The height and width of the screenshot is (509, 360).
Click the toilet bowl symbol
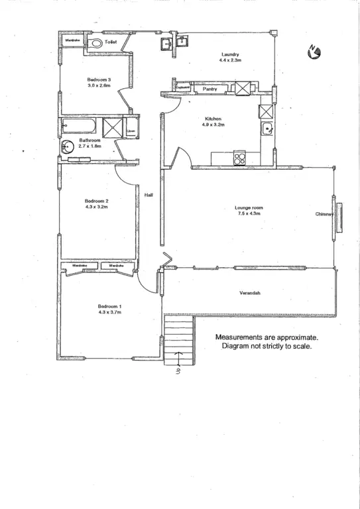coord(97,42)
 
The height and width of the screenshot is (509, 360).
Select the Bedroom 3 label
coord(99,80)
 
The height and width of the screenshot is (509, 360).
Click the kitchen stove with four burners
coord(239,158)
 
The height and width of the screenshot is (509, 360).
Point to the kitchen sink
coord(267,129)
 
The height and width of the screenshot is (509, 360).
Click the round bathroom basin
coord(67,147)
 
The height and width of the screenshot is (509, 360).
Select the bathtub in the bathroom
coord(80,126)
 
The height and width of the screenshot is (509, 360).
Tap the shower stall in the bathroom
coord(112,127)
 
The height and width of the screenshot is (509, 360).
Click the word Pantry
coord(210,88)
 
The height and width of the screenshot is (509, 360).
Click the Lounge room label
coord(249,207)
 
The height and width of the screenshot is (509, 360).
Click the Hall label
coord(150,194)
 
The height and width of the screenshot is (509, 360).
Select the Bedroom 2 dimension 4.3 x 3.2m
coord(97,207)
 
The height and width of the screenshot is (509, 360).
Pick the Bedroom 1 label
coord(109,306)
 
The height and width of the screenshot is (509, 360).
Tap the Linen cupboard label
coord(131,131)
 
